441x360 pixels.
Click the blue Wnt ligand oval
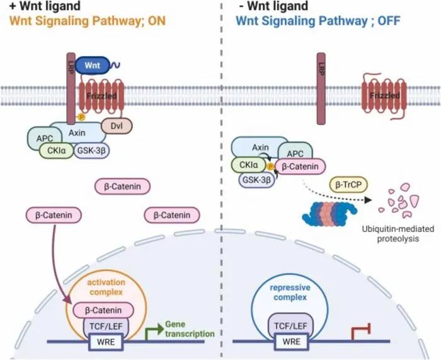92,66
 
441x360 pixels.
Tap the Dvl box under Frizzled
117,125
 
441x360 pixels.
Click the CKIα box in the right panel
248,165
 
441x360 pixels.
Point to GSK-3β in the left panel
91,151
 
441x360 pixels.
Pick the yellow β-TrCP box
348,185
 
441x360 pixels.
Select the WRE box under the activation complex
106,342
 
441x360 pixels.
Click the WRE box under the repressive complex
291,342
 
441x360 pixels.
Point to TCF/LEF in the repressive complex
290,325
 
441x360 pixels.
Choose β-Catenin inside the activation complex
103,310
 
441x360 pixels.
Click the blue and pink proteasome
329,214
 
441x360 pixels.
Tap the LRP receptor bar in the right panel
321,89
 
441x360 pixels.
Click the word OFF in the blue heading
389,21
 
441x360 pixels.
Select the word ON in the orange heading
156,21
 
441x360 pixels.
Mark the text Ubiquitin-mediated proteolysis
398,234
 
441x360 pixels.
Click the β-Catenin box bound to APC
300,166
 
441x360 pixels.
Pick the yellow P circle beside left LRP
81,117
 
